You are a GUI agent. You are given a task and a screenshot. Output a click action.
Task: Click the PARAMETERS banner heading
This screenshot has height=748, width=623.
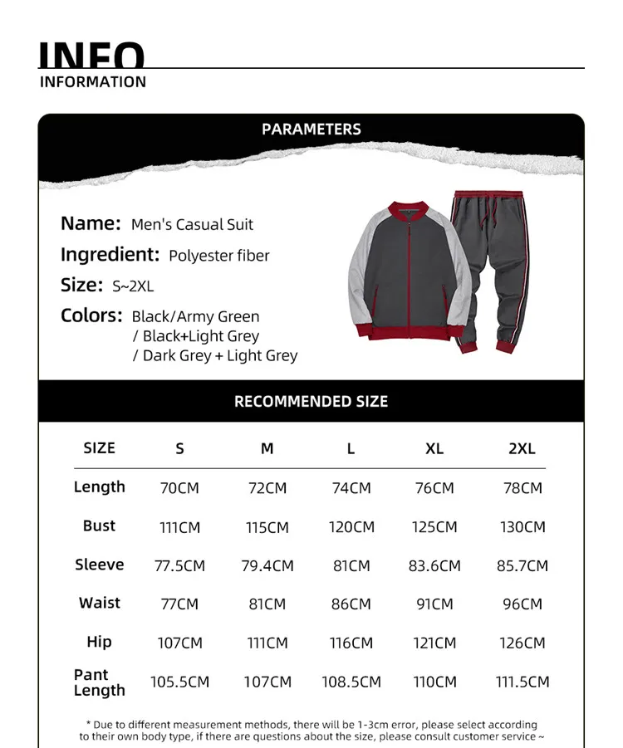click(x=311, y=129)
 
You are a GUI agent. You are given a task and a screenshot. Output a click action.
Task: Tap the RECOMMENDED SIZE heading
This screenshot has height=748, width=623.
click(x=311, y=401)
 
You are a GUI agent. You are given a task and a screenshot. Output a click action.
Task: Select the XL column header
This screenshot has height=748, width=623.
click(x=434, y=448)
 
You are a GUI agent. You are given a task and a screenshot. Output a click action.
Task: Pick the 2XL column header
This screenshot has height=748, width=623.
click(x=522, y=448)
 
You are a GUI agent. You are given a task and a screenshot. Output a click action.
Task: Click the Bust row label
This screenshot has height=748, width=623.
click(x=99, y=526)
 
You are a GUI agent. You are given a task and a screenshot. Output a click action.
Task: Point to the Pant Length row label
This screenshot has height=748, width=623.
click(x=99, y=682)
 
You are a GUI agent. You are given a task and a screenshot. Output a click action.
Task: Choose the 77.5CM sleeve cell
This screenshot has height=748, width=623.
click(x=179, y=566)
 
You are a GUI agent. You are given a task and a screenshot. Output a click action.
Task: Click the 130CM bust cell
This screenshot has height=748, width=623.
click(x=522, y=527)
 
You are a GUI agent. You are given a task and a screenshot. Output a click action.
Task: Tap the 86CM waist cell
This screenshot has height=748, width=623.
click(x=351, y=604)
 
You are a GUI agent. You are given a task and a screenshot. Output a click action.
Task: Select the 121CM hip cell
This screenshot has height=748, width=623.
click(x=434, y=643)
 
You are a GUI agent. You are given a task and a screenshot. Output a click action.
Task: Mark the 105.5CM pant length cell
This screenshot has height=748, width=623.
click(x=179, y=682)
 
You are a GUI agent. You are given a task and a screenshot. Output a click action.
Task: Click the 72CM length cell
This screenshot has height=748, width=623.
click(x=267, y=488)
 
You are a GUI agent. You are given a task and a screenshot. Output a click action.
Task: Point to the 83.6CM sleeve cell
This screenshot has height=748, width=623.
click(x=434, y=566)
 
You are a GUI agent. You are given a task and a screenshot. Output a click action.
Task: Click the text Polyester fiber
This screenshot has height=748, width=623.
click(x=219, y=256)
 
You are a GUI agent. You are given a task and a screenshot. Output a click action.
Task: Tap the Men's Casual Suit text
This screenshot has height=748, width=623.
click(x=192, y=225)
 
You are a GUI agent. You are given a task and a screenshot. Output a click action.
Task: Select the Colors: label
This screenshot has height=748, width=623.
click(x=91, y=315)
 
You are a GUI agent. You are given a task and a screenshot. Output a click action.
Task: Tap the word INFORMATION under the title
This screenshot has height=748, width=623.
click(x=93, y=81)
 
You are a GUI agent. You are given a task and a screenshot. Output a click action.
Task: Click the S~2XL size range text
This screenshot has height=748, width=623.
click(x=133, y=286)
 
